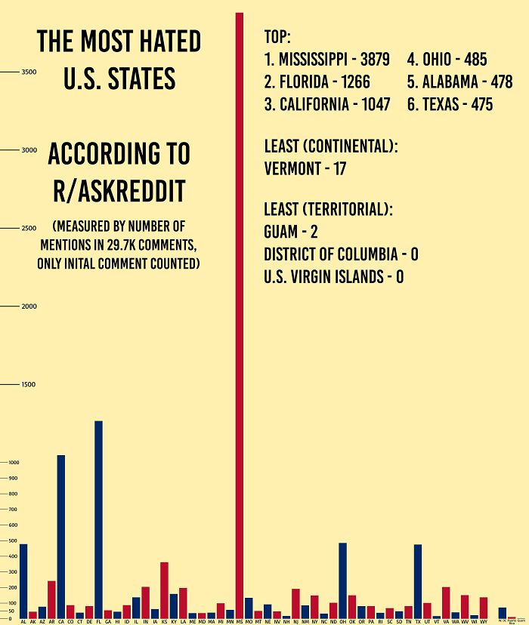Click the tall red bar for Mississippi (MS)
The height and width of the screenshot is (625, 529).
pos(240,317)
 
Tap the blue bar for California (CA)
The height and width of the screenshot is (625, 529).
pos(61,536)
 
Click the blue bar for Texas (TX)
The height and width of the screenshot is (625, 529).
pos(418,580)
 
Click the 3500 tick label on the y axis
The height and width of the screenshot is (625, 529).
pos(29,72)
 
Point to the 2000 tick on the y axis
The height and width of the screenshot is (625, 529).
pos(29,306)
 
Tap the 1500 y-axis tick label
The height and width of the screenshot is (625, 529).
pos(29,385)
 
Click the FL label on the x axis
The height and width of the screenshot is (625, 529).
pos(98,621)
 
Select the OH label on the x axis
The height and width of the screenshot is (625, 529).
pos(342,621)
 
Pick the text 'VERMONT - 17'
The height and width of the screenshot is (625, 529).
pos(305,169)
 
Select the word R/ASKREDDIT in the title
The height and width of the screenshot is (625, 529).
pos(119,192)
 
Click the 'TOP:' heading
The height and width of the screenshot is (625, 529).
pos(277,38)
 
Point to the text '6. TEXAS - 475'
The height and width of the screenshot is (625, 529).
pos(450,105)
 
